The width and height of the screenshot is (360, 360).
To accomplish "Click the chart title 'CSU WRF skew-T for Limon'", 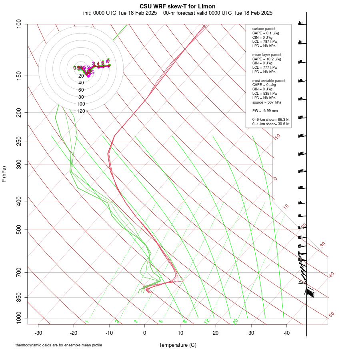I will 178,6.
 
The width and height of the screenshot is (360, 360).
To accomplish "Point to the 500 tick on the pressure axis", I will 18,230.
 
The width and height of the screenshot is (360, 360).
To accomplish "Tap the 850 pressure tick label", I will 18,297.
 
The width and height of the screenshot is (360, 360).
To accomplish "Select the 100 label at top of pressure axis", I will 18,24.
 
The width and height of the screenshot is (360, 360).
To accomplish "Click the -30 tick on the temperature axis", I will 38,333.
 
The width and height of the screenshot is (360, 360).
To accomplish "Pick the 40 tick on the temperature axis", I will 286,333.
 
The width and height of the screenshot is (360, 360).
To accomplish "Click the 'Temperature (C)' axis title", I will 178,345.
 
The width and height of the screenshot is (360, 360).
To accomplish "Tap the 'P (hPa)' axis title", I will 4,174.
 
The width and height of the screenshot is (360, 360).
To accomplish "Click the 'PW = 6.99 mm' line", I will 265,110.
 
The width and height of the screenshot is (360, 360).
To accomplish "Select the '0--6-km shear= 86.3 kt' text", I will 271,119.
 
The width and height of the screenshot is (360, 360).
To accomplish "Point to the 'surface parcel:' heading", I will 264,28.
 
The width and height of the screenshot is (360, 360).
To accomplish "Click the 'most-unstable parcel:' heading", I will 269,80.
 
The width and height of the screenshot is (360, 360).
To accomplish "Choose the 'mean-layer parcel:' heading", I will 267,54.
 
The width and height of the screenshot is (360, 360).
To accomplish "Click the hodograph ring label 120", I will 81,111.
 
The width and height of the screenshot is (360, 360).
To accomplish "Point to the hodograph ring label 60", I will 81,90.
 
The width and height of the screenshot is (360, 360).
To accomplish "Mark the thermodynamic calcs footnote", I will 59,345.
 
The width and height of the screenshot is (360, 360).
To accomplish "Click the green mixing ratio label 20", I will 236,321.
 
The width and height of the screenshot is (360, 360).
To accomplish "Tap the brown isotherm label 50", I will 331,315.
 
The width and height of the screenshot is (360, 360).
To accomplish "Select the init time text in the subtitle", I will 120,13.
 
